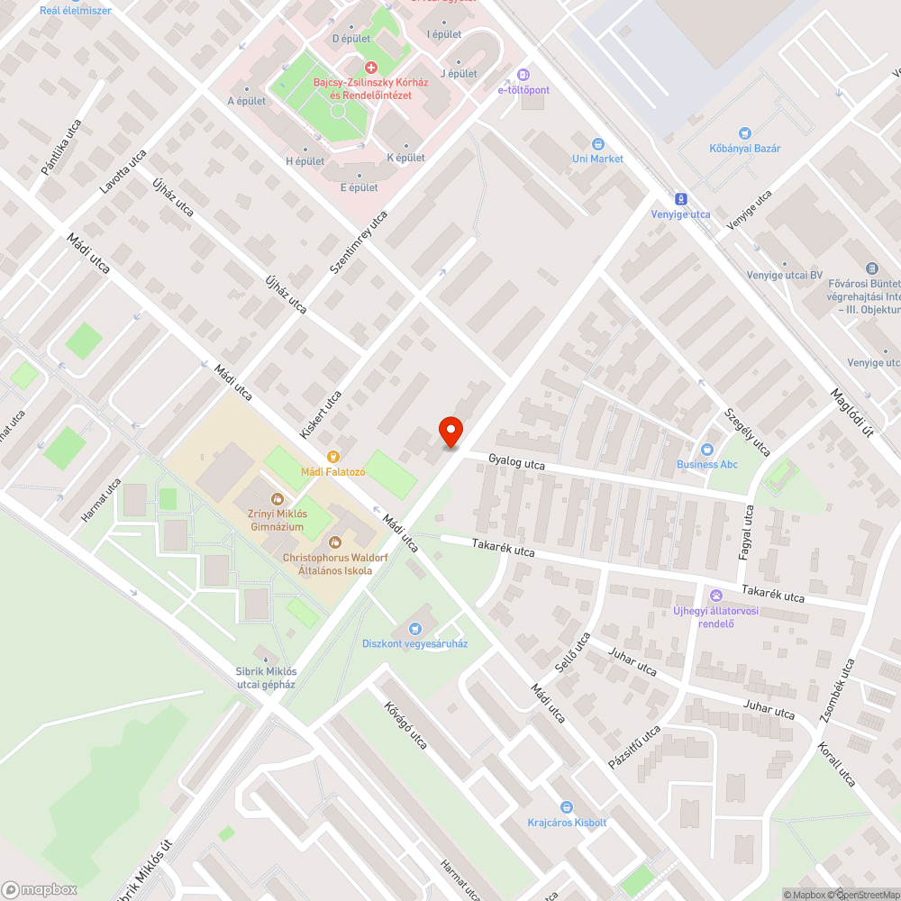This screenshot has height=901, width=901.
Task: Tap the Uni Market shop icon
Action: click(x=597, y=144)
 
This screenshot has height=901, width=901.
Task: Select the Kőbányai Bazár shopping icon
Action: click(x=744, y=133)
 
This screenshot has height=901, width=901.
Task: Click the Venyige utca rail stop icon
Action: click(x=680, y=199)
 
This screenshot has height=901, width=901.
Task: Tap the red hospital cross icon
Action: click(x=370, y=68)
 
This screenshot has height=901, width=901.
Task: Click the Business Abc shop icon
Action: click(x=707, y=450)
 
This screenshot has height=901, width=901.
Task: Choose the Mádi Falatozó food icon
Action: click(x=333, y=457)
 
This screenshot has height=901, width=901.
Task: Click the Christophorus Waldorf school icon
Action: click(x=335, y=542)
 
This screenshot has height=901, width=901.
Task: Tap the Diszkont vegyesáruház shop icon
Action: click(x=415, y=628)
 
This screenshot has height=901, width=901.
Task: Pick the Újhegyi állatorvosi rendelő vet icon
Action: click(x=716, y=596)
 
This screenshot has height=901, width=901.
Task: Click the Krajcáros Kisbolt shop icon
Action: click(x=567, y=807)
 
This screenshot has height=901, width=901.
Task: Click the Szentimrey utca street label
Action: click(x=359, y=241)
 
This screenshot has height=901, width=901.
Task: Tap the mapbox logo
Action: click(x=41, y=889)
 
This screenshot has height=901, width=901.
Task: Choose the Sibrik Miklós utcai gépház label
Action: click(x=266, y=678)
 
